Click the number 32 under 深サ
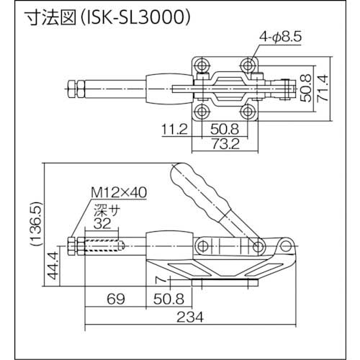point(104,223)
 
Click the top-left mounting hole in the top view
point(202,66)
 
